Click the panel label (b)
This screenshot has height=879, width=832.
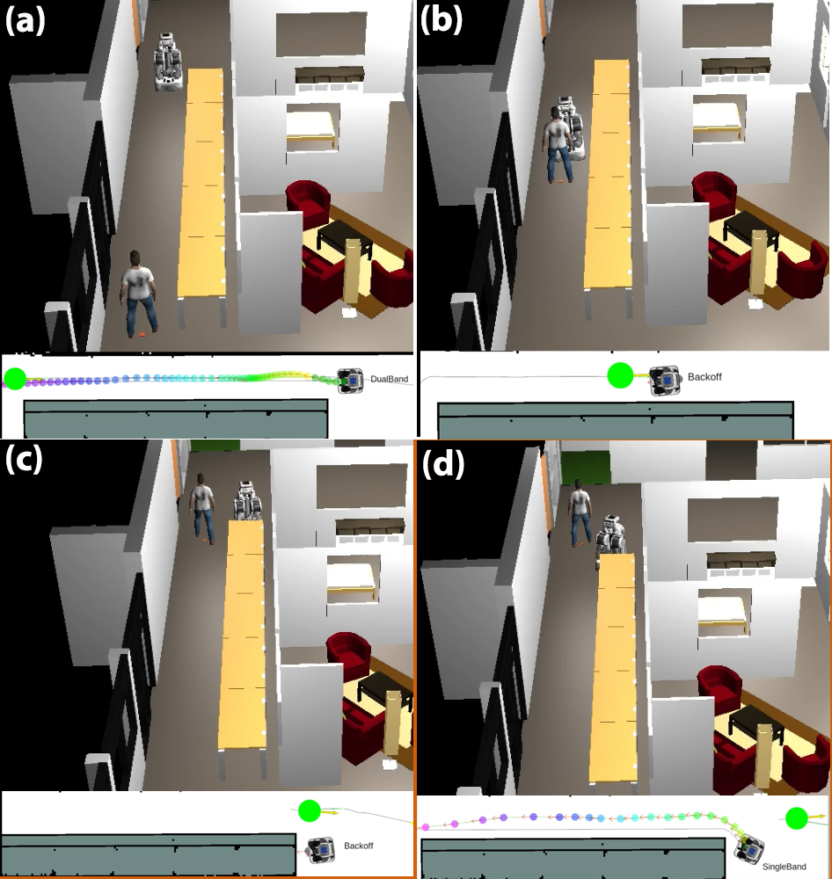click(441, 21)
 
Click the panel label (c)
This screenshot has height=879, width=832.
click(24, 460)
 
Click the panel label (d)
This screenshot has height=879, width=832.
click(443, 464)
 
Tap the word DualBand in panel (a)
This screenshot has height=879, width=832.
click(389, 379)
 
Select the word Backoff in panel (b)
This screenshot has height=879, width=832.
click(704, 377)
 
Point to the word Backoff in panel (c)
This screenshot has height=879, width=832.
click(359, 846)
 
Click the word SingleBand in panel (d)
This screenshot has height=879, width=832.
click(784, 867)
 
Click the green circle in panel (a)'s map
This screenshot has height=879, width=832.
click(15, 379)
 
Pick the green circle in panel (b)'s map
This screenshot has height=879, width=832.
click(620, 375)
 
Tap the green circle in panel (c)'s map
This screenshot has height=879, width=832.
click(309, 810)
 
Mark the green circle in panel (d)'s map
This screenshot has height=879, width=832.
click(796, 818)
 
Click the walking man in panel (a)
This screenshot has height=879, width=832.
click(138, 294)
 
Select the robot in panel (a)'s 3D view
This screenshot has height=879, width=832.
click(168, 62)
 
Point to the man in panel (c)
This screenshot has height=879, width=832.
click(202, 508)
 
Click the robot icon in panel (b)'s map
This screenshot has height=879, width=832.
click(666, 381)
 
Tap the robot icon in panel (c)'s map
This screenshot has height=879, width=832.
click(323, 850)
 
